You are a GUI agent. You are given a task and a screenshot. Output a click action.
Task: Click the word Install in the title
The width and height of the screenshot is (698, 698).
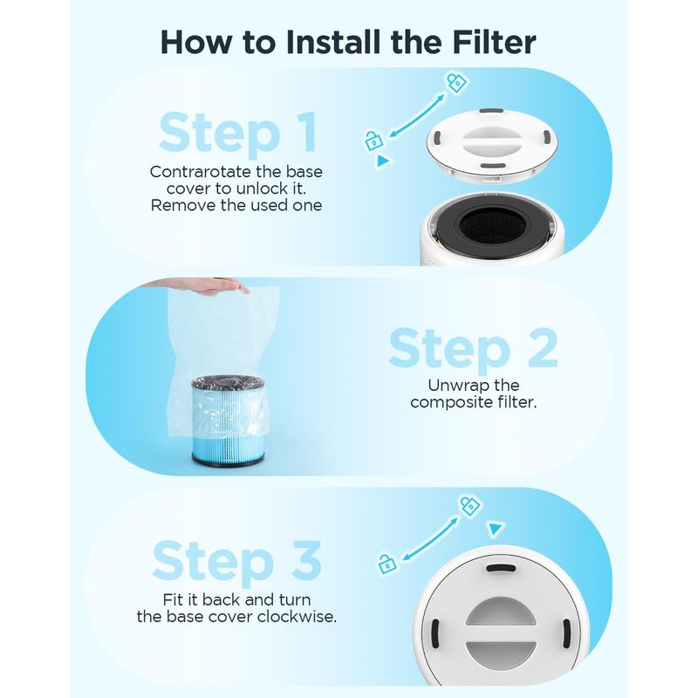click(334, 43)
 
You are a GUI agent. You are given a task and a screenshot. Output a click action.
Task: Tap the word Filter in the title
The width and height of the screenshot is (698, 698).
click(494, 43)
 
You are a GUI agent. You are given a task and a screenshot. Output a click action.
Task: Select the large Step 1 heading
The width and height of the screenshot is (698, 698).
click(238, 133)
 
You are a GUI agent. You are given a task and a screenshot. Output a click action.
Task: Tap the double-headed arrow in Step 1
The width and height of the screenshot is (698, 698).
click(416, 116)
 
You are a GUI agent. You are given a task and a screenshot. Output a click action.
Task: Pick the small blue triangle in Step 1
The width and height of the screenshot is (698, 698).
click(383, 161)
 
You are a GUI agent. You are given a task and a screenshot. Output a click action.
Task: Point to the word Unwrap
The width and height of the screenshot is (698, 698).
click(455, 386)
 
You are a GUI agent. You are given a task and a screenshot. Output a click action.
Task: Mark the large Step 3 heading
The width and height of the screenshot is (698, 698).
click(236, 561)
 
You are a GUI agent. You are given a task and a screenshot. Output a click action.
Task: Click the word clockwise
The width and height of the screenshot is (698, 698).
click(297, 617)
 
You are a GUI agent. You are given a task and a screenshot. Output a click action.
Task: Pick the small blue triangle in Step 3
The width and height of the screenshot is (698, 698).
click(496, 529)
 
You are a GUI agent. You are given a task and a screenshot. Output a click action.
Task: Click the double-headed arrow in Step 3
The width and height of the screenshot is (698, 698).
click(429, 538)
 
